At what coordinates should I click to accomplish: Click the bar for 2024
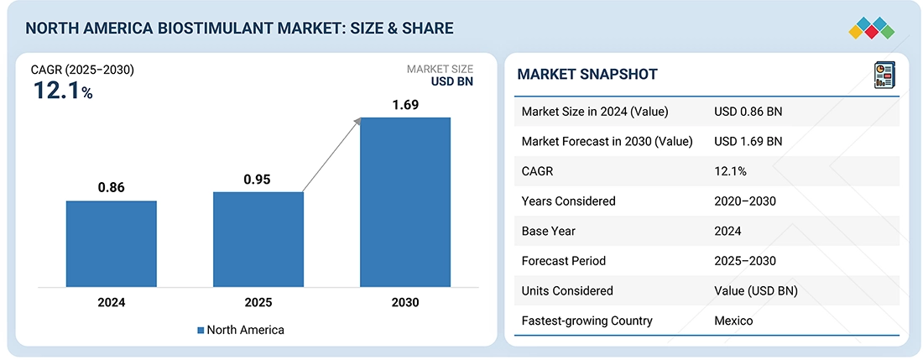pyautogui.click(x=112, y=243)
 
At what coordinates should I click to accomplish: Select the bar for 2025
pyautogui.click(x=258, y=238)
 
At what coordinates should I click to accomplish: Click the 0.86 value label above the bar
pyautogui.click(x=111, y=187)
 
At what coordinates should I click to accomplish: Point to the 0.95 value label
pyautogui.click(x=258, y=179)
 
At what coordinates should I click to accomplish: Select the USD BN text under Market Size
pyautogui.click(x=452, y=82)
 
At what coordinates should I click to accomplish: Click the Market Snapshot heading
pyautogui.click(x=587, y=75)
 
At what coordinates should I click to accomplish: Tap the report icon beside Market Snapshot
pyautogui.click(x=884, y=74)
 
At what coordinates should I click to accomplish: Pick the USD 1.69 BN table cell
pyautogui.click(x=748, y=141)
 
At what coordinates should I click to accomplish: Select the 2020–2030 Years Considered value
pyautogui.click(x=745, y=201)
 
